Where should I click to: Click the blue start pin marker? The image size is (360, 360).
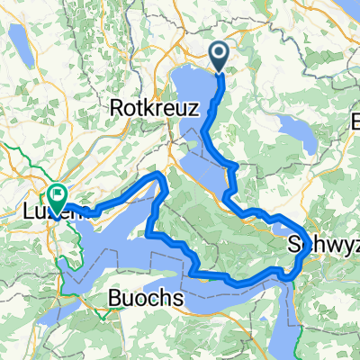(221, 57)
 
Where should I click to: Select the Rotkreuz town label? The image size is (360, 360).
(139, 107)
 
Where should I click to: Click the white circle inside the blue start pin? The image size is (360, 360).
(221, 54)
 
